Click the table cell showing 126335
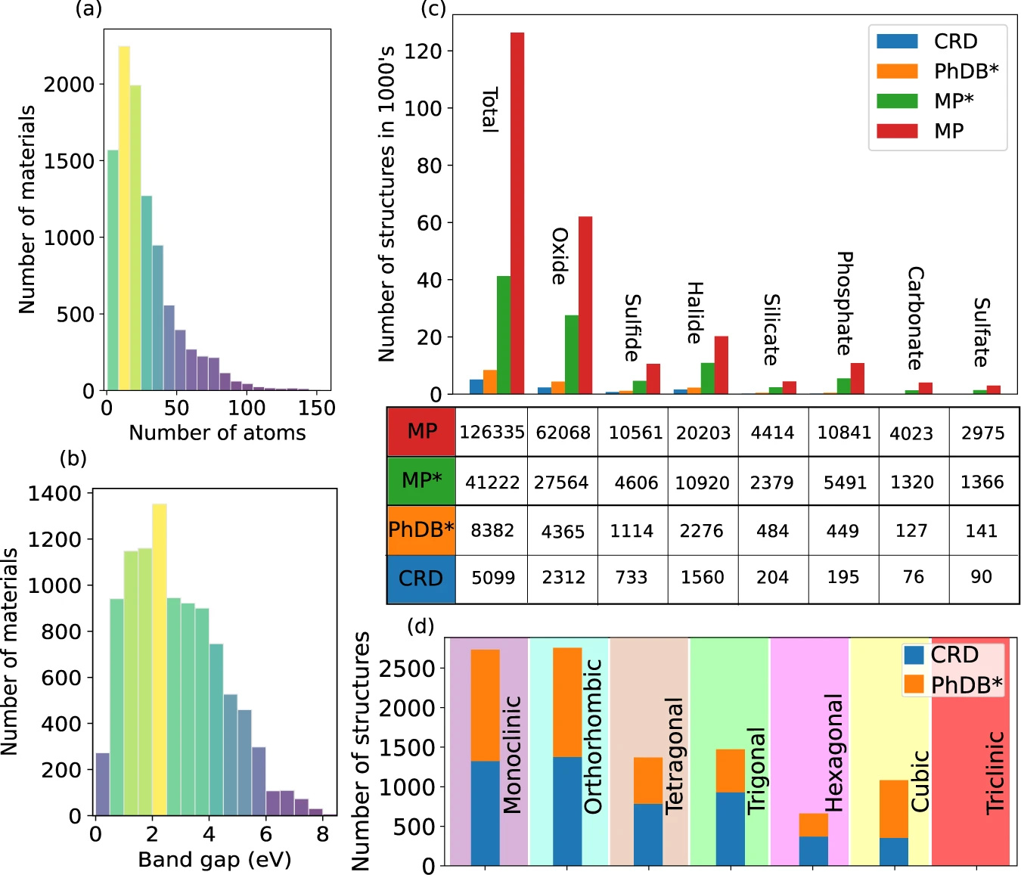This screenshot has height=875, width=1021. click(492, 433)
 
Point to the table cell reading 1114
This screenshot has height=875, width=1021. click(632, 531)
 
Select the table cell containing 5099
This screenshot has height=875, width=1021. click(493, 578)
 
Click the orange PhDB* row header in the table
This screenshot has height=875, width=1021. click(421, 529)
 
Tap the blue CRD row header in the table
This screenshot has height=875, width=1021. click(421, 579)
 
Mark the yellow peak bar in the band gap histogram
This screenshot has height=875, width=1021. click(160, 659)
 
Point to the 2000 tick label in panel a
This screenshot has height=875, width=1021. click(69, 85)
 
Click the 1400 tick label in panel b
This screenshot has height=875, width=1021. click(54, 494)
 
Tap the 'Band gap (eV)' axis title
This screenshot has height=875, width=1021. click(215, 860)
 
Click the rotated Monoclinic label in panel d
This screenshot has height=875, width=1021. click(513, 754)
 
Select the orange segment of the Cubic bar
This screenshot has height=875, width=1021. click(894, 808)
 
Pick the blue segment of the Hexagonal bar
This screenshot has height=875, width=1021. click(813, 851)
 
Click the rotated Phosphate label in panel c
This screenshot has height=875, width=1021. click(845, 303)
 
